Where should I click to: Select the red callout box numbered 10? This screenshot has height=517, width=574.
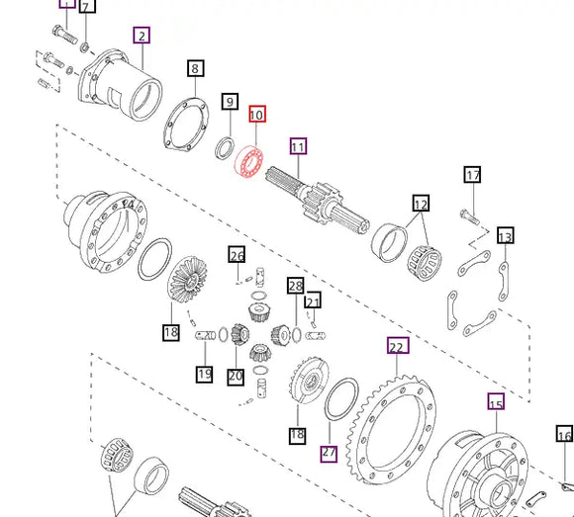coord(256,115)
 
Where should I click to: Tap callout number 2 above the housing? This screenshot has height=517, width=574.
coord(142,37)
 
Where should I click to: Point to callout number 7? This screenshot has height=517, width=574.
coord(87,7)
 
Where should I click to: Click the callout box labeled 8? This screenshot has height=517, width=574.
coord(196,68)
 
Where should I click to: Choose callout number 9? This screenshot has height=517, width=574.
coord(230,101)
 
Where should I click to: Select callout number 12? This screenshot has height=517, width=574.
coord(421,205)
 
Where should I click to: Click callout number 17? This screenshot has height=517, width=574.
coord(472,176)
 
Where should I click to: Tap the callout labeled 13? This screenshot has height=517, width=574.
coord(505,236)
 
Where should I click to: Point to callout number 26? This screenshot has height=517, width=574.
coord(237,256)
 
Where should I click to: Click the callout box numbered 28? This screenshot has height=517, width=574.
coord(295,286)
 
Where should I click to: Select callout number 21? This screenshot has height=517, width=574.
coord(313,301)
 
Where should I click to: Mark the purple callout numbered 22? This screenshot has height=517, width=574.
coord(397,346)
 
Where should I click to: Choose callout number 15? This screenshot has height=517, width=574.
coord(496,402)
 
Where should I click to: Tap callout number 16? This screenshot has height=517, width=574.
coord(564,435)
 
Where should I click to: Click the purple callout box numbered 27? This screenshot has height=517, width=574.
coord(329,453)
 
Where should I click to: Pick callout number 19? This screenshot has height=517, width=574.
coord(204,374)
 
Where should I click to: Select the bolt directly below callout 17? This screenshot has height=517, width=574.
coord(469,212)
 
